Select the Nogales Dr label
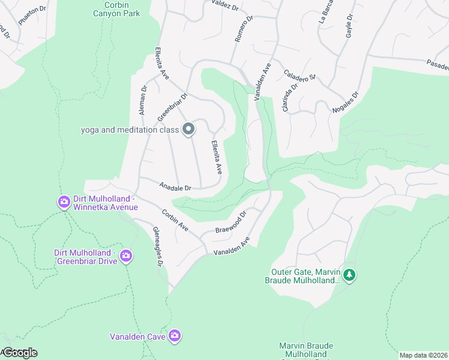tap(345, 103)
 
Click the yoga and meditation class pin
tap(188, 129)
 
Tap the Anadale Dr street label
tap(175, 187)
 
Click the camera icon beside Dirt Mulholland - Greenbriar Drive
tap(125, 256)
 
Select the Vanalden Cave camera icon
tap(175, 336)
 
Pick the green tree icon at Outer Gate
tap(350, 275)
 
